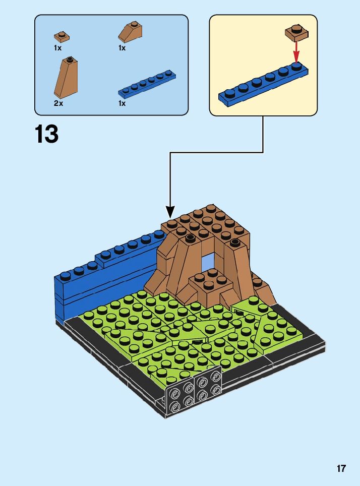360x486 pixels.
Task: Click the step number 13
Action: coord(46,134)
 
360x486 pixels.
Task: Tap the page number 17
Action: coord(341,469)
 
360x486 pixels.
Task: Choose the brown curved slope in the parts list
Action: coord(131,33)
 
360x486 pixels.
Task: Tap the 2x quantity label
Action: coord(58,103)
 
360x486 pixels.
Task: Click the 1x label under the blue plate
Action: coord(122,103)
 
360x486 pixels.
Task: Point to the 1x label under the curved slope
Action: coord(122,48)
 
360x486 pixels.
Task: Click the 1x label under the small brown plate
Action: coord(57,48)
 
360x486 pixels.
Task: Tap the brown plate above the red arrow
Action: coord(297,32)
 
